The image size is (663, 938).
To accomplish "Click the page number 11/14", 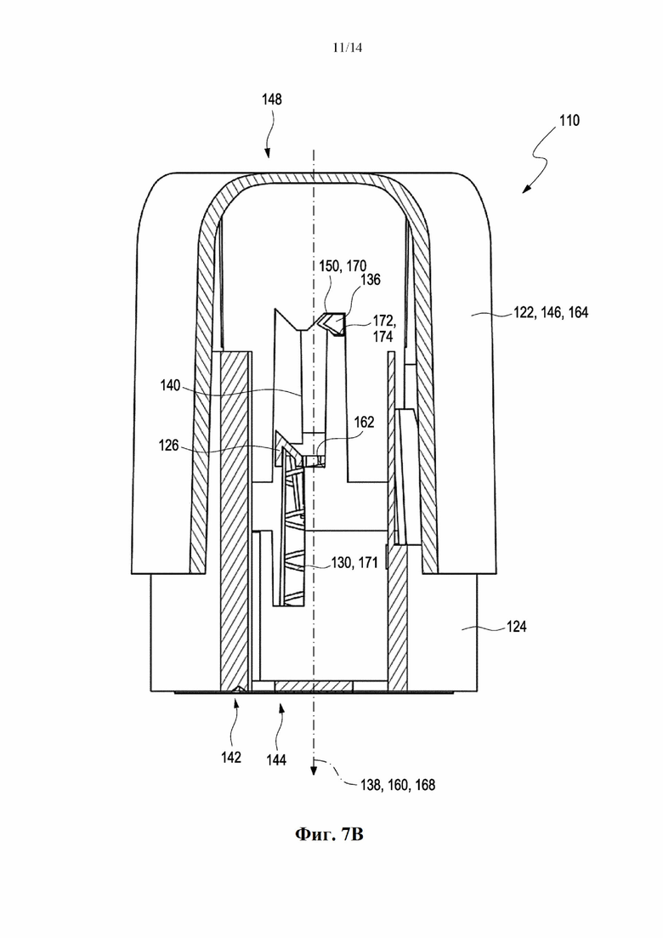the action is point(348,48).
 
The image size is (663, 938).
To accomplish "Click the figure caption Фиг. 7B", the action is point(329,833).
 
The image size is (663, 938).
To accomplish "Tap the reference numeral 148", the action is point(271,99).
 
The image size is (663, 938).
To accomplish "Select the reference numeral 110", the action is point(569,121).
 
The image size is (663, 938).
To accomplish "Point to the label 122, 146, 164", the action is point(551,312).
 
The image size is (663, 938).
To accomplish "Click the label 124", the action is point(516,627).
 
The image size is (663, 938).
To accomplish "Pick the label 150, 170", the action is point(343,265).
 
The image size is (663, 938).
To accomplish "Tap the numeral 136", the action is point(370,280).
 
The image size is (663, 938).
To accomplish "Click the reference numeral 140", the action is point(170,386).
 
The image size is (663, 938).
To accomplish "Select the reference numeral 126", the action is point(168,446).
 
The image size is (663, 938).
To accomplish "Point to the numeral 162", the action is point(364,423).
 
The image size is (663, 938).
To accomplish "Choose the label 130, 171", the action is point(354,562).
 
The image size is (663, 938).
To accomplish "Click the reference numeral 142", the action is point(230,758).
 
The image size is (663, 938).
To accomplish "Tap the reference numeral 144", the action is point(275,759).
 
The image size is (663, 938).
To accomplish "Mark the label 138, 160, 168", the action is point(398,784).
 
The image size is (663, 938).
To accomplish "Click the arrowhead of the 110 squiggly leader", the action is point(526,189).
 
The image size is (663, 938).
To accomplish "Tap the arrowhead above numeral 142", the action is point(236,702).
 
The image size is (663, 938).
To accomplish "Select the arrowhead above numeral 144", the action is point(281,708).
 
